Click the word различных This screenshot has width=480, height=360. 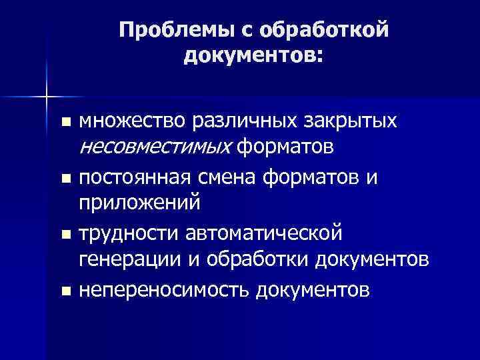coord(235,121)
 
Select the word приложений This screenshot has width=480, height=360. coord(139,201)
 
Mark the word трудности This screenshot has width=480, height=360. coord(127,234)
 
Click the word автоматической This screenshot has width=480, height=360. coord(261,234)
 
